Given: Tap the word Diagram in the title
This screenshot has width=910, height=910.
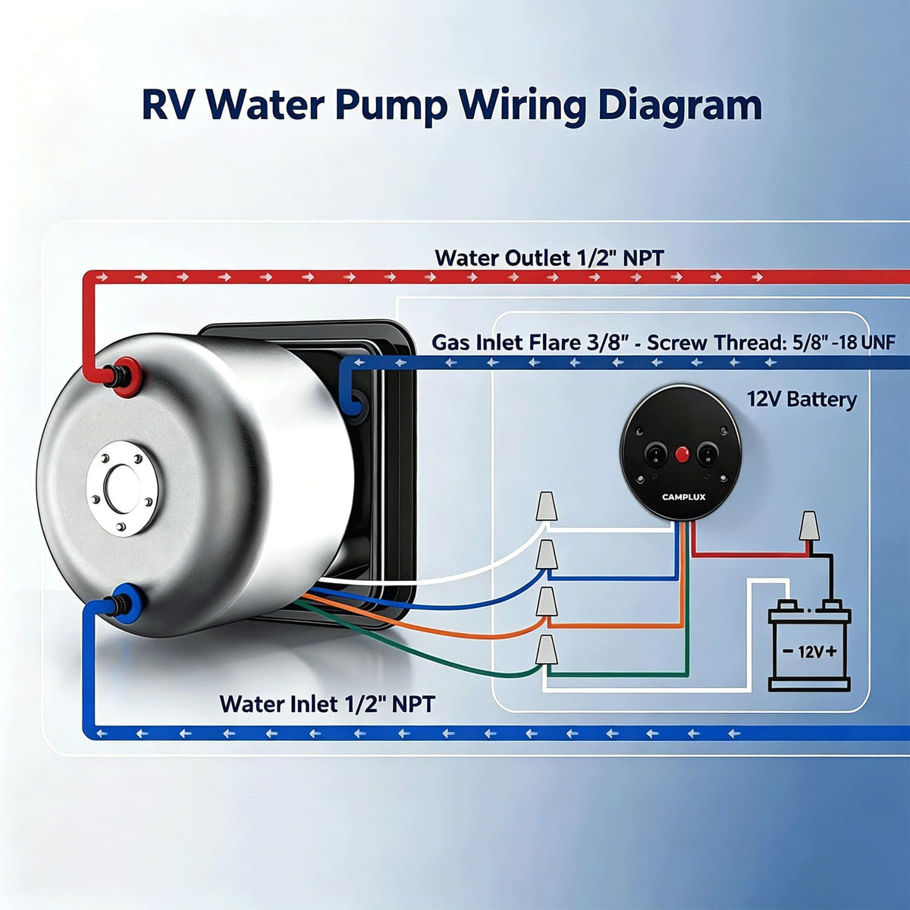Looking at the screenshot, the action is click(680, 105).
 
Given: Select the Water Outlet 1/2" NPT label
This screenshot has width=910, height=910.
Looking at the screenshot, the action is click(549, 258).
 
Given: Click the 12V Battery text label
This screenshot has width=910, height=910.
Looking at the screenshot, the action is click(802, 400).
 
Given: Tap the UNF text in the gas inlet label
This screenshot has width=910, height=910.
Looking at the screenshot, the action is click(877, 343).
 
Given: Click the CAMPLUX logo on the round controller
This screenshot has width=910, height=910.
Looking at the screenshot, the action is click(683, 497).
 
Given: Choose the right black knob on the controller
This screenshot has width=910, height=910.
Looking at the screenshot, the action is click(707, 455).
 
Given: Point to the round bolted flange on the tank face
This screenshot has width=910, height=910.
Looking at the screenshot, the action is click(124, 488).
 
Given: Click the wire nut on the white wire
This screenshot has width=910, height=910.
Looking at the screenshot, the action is click(545, 507).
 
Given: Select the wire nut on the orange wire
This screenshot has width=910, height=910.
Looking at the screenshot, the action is click(545, 601).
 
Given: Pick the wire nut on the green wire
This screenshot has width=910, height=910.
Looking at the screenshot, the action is click(545, 649).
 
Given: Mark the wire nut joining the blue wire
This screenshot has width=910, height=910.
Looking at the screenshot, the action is click(545, 555).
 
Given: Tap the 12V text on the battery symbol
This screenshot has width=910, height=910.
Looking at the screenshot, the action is click(811, 652).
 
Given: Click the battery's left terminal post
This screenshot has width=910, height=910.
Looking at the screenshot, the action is click(788, 605).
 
